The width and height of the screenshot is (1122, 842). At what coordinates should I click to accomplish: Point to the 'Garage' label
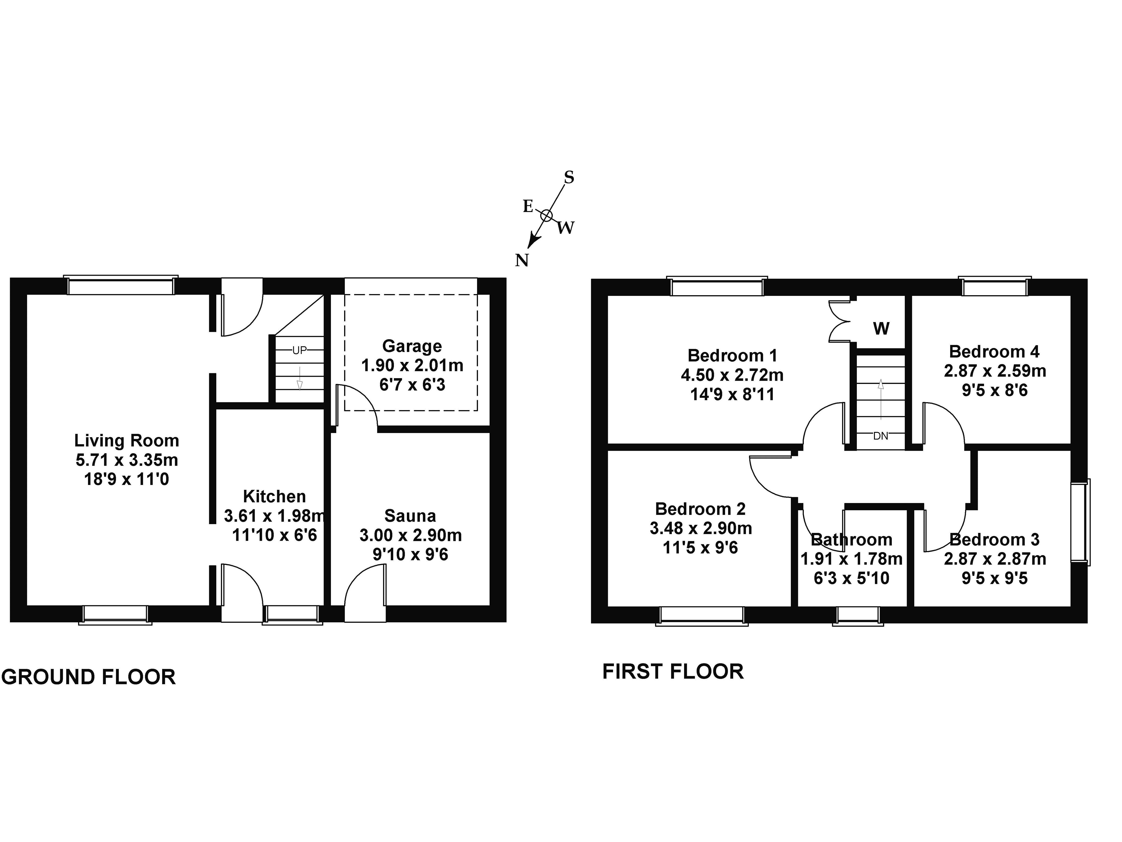[x=412, y=346]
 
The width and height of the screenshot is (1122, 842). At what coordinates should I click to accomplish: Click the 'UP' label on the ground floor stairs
[x=299, y=350]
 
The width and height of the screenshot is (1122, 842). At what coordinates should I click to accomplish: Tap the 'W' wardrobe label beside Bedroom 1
[x=881, y=329]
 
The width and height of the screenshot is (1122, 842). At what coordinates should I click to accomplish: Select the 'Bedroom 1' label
[x=732, y=355]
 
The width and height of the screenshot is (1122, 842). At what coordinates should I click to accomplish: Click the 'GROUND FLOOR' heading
[x=89, y=677]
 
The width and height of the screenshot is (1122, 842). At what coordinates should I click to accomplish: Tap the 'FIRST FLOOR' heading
[x=673, y=671]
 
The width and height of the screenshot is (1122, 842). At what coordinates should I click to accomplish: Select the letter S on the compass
[x=569, y=178]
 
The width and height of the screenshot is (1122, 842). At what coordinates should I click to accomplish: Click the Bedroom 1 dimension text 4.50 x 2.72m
[x=732, y=375]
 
